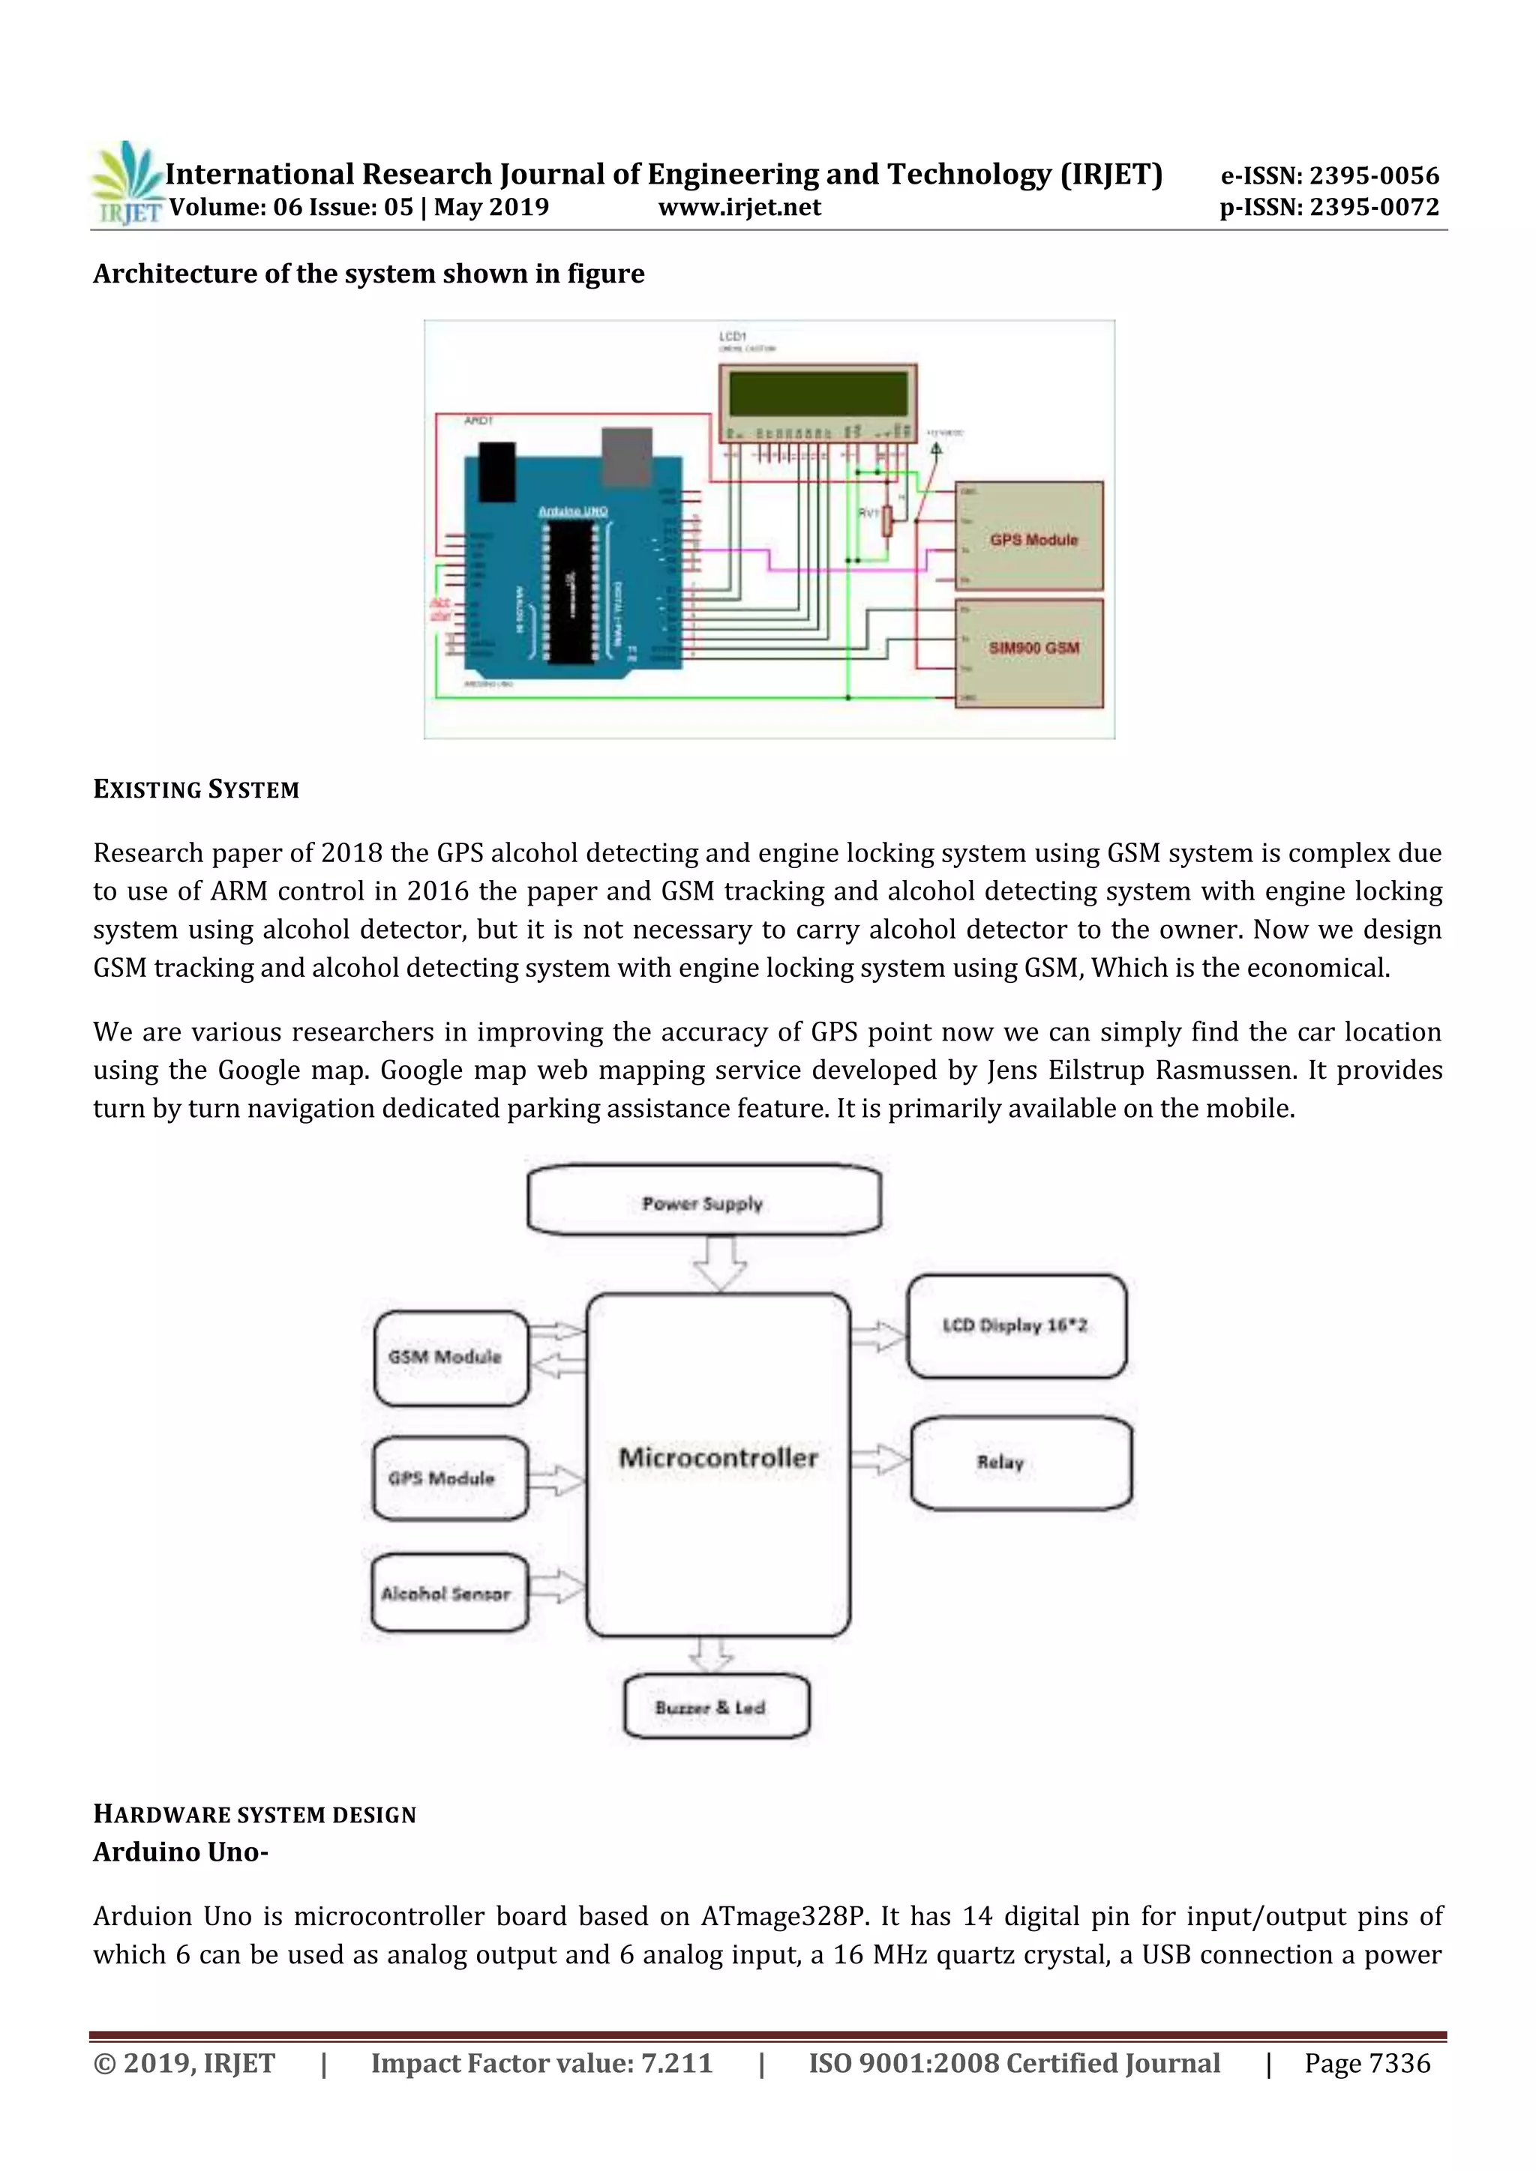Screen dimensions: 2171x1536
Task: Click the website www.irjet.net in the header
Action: pos(739,207)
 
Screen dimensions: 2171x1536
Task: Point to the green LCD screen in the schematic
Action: pos(817,392)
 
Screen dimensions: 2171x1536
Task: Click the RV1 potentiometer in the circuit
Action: pos(887,520)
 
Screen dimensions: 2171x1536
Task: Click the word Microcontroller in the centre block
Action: pos(718,1457)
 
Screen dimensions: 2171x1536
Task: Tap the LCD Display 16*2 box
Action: pos(1015,1325)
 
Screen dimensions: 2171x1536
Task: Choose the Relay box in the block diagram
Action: pos(1019,1462)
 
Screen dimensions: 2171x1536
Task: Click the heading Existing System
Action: pos(196,789)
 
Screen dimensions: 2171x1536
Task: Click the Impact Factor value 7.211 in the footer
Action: pos(676,2063)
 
